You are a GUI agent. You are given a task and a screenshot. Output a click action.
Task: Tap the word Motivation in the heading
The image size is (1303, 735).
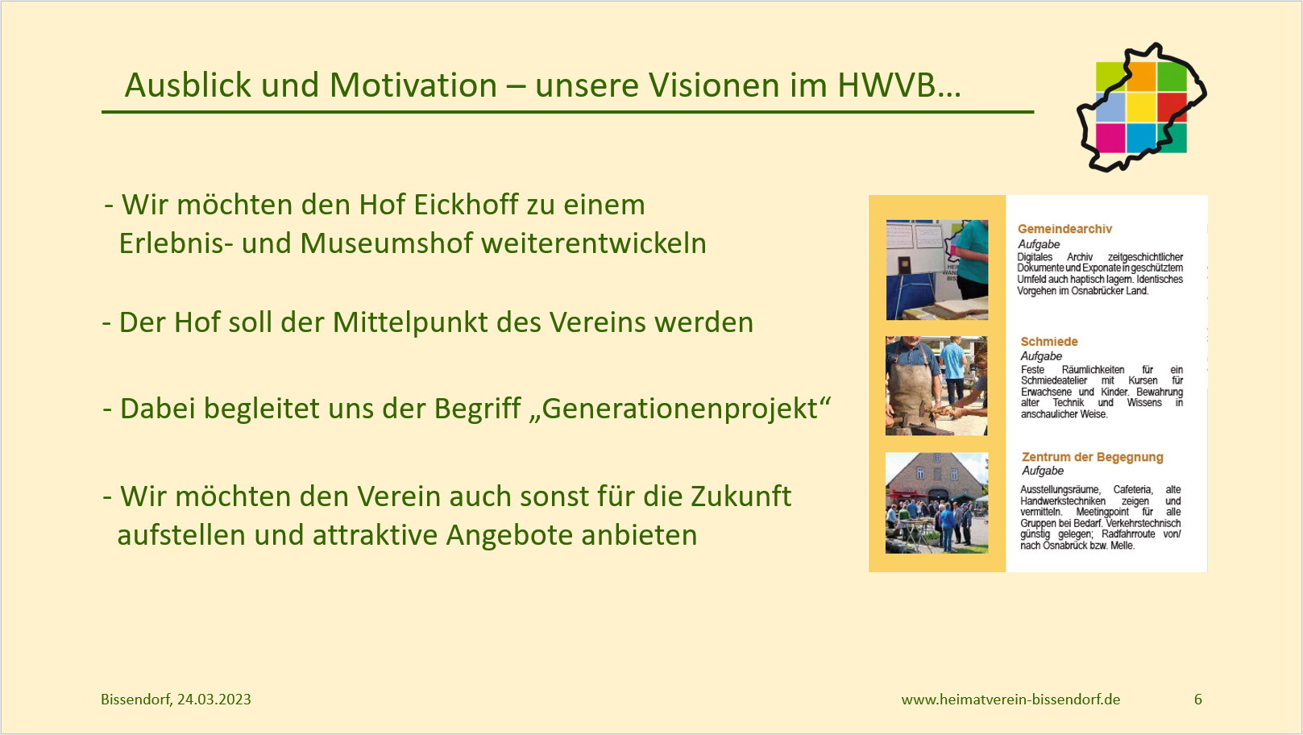pyautogui.click(x=413, y=85)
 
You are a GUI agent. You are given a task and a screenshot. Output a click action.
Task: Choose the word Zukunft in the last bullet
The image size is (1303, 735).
pyautogui.click(x=741, y=496)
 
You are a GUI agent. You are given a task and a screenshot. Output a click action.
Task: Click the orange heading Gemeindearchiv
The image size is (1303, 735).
pyautogui.click(x=1064, y=229)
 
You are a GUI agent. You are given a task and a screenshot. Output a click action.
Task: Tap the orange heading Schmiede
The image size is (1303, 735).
pyautogui.click(x=1049, y=342)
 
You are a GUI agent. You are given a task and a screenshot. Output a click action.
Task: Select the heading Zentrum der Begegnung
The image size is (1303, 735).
pyautogui.click(x=1093, y=457)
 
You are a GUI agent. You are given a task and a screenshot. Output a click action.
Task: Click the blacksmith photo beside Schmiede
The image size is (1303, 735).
pyautogui.click(x=936, y=386)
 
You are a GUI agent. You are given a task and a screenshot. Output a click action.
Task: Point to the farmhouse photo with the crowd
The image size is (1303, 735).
pyautogui.click(x=936, y=503)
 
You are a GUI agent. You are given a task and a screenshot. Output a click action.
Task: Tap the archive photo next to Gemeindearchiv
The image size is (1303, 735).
pyautogui.click(x=937, y=270)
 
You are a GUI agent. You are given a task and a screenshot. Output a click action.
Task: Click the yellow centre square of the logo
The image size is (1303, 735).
pyautogui.click(x=1141, y=107)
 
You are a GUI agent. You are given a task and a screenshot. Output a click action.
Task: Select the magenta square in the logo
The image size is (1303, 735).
pyautogui.click(x=1110, y=138)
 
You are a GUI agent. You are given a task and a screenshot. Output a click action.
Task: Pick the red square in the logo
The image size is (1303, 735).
pyautogui.click(x=1172, y=107)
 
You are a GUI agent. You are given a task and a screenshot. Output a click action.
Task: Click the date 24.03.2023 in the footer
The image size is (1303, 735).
pyautogui.click(x=214, y=700)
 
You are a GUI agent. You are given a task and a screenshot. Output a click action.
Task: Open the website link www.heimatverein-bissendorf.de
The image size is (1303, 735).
pyautogui.click(x=1010, y=700)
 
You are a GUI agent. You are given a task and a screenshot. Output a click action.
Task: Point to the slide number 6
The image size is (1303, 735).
pyautogui.click(x=1198, y=700)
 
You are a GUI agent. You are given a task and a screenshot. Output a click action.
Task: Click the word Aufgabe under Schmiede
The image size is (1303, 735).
pyautogui.click(x=1041, y=356)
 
